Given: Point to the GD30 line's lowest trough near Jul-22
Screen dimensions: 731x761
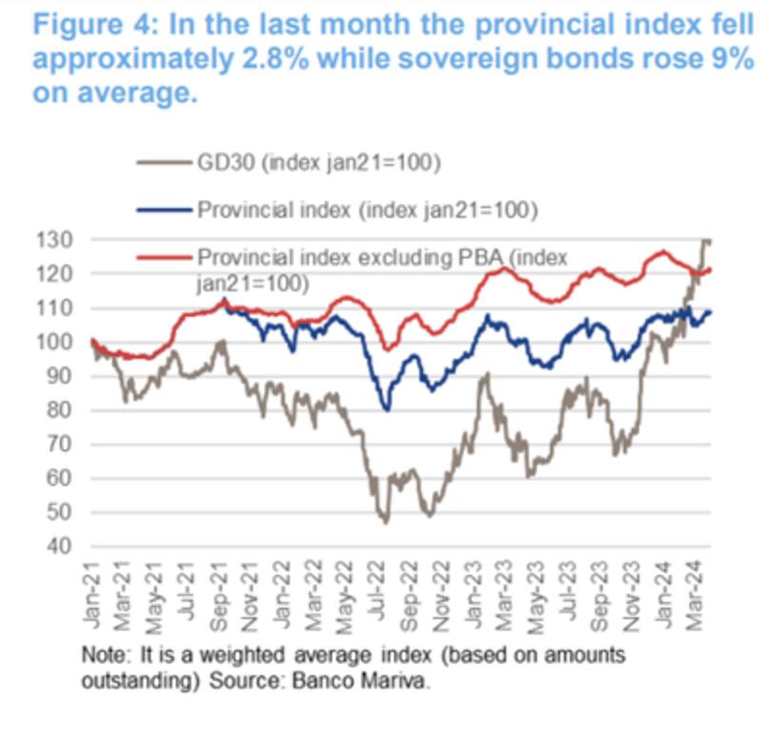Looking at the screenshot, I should point(386,522).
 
